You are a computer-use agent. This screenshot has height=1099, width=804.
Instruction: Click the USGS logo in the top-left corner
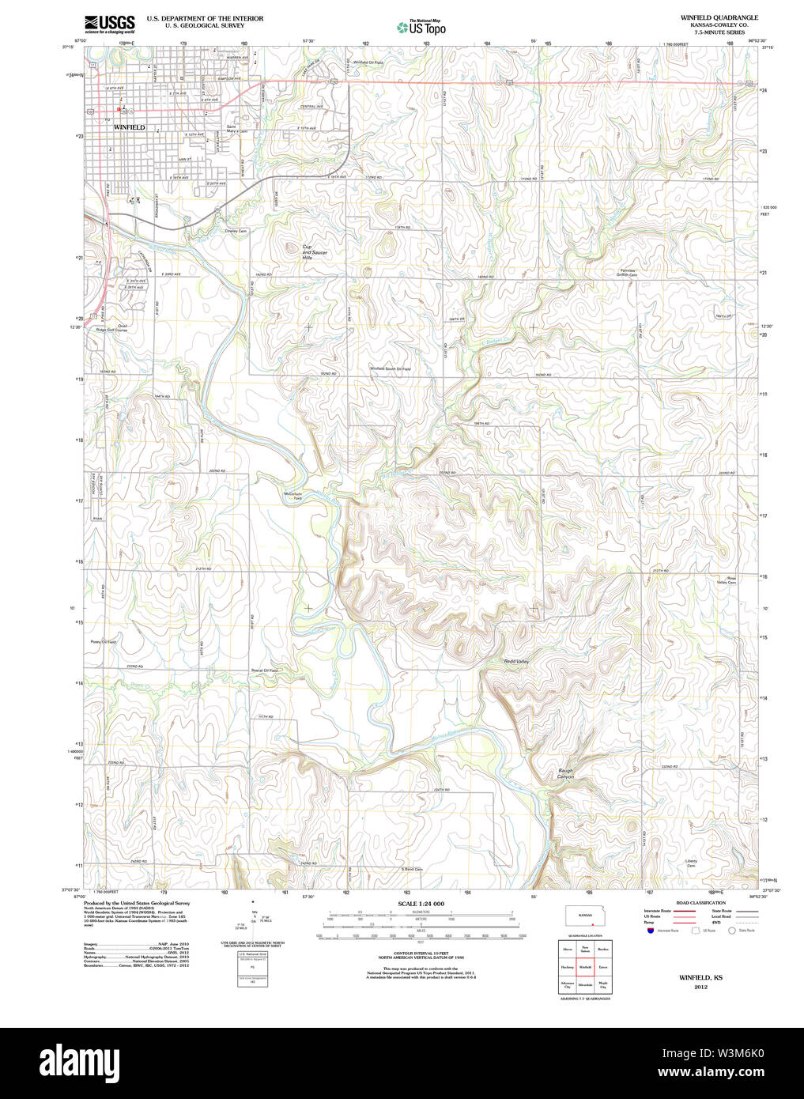110,23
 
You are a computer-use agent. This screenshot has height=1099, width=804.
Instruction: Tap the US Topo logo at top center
421,28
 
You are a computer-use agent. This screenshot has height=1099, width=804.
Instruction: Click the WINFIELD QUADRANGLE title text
708,17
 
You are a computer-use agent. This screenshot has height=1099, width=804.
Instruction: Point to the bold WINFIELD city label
129,127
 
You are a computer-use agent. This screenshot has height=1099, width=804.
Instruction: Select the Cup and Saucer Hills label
314,251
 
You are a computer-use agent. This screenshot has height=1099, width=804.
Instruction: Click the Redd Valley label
516,661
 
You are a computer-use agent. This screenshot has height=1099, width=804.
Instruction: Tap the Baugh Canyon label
565,774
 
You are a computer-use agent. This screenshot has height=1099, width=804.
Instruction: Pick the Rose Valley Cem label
726,580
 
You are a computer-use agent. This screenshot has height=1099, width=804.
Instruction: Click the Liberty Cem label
691,863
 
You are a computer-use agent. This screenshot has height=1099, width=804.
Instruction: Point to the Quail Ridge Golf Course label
111,327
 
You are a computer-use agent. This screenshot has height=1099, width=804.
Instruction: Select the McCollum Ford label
293,496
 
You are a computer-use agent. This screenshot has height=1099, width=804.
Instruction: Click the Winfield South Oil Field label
391,368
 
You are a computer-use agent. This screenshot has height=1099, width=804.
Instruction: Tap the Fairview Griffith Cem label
626,272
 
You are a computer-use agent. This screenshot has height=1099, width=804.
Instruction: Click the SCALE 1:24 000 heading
421,903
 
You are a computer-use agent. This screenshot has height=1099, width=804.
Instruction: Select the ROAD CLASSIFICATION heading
700,902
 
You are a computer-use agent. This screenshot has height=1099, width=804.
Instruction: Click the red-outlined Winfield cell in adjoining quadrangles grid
585,967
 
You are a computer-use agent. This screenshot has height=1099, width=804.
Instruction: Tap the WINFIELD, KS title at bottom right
700,978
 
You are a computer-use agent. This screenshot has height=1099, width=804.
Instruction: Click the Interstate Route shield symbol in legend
650,931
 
